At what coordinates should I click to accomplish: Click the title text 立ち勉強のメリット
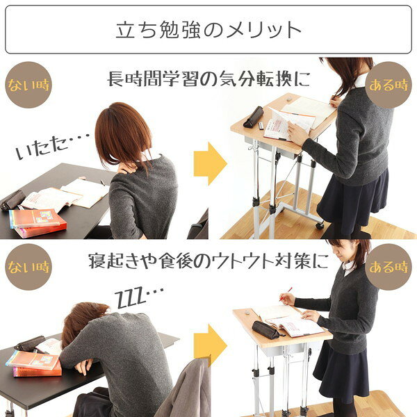[208, 30]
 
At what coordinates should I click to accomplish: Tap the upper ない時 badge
[28, 85]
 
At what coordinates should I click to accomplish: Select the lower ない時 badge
[28, 267]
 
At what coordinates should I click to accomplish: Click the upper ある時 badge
[389, 85]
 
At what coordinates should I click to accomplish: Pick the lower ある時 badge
[389, 267]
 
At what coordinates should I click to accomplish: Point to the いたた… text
[52, 146]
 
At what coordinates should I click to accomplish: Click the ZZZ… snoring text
[139, 297]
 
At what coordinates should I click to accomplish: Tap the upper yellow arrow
[210, 163]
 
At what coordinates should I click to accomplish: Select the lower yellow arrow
[210, 345]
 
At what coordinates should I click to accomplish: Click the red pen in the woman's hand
[286, 294]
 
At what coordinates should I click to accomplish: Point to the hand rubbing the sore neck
[127, 167]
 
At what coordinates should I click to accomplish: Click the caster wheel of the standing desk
[320, 225]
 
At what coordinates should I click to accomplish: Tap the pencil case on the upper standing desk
[253, 117]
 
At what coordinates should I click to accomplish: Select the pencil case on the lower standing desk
[266, 329]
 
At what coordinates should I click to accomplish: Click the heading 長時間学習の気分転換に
[208, 79]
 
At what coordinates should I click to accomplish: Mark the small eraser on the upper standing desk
[290, 99]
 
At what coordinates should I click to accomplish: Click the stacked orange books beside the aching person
[38, 223]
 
